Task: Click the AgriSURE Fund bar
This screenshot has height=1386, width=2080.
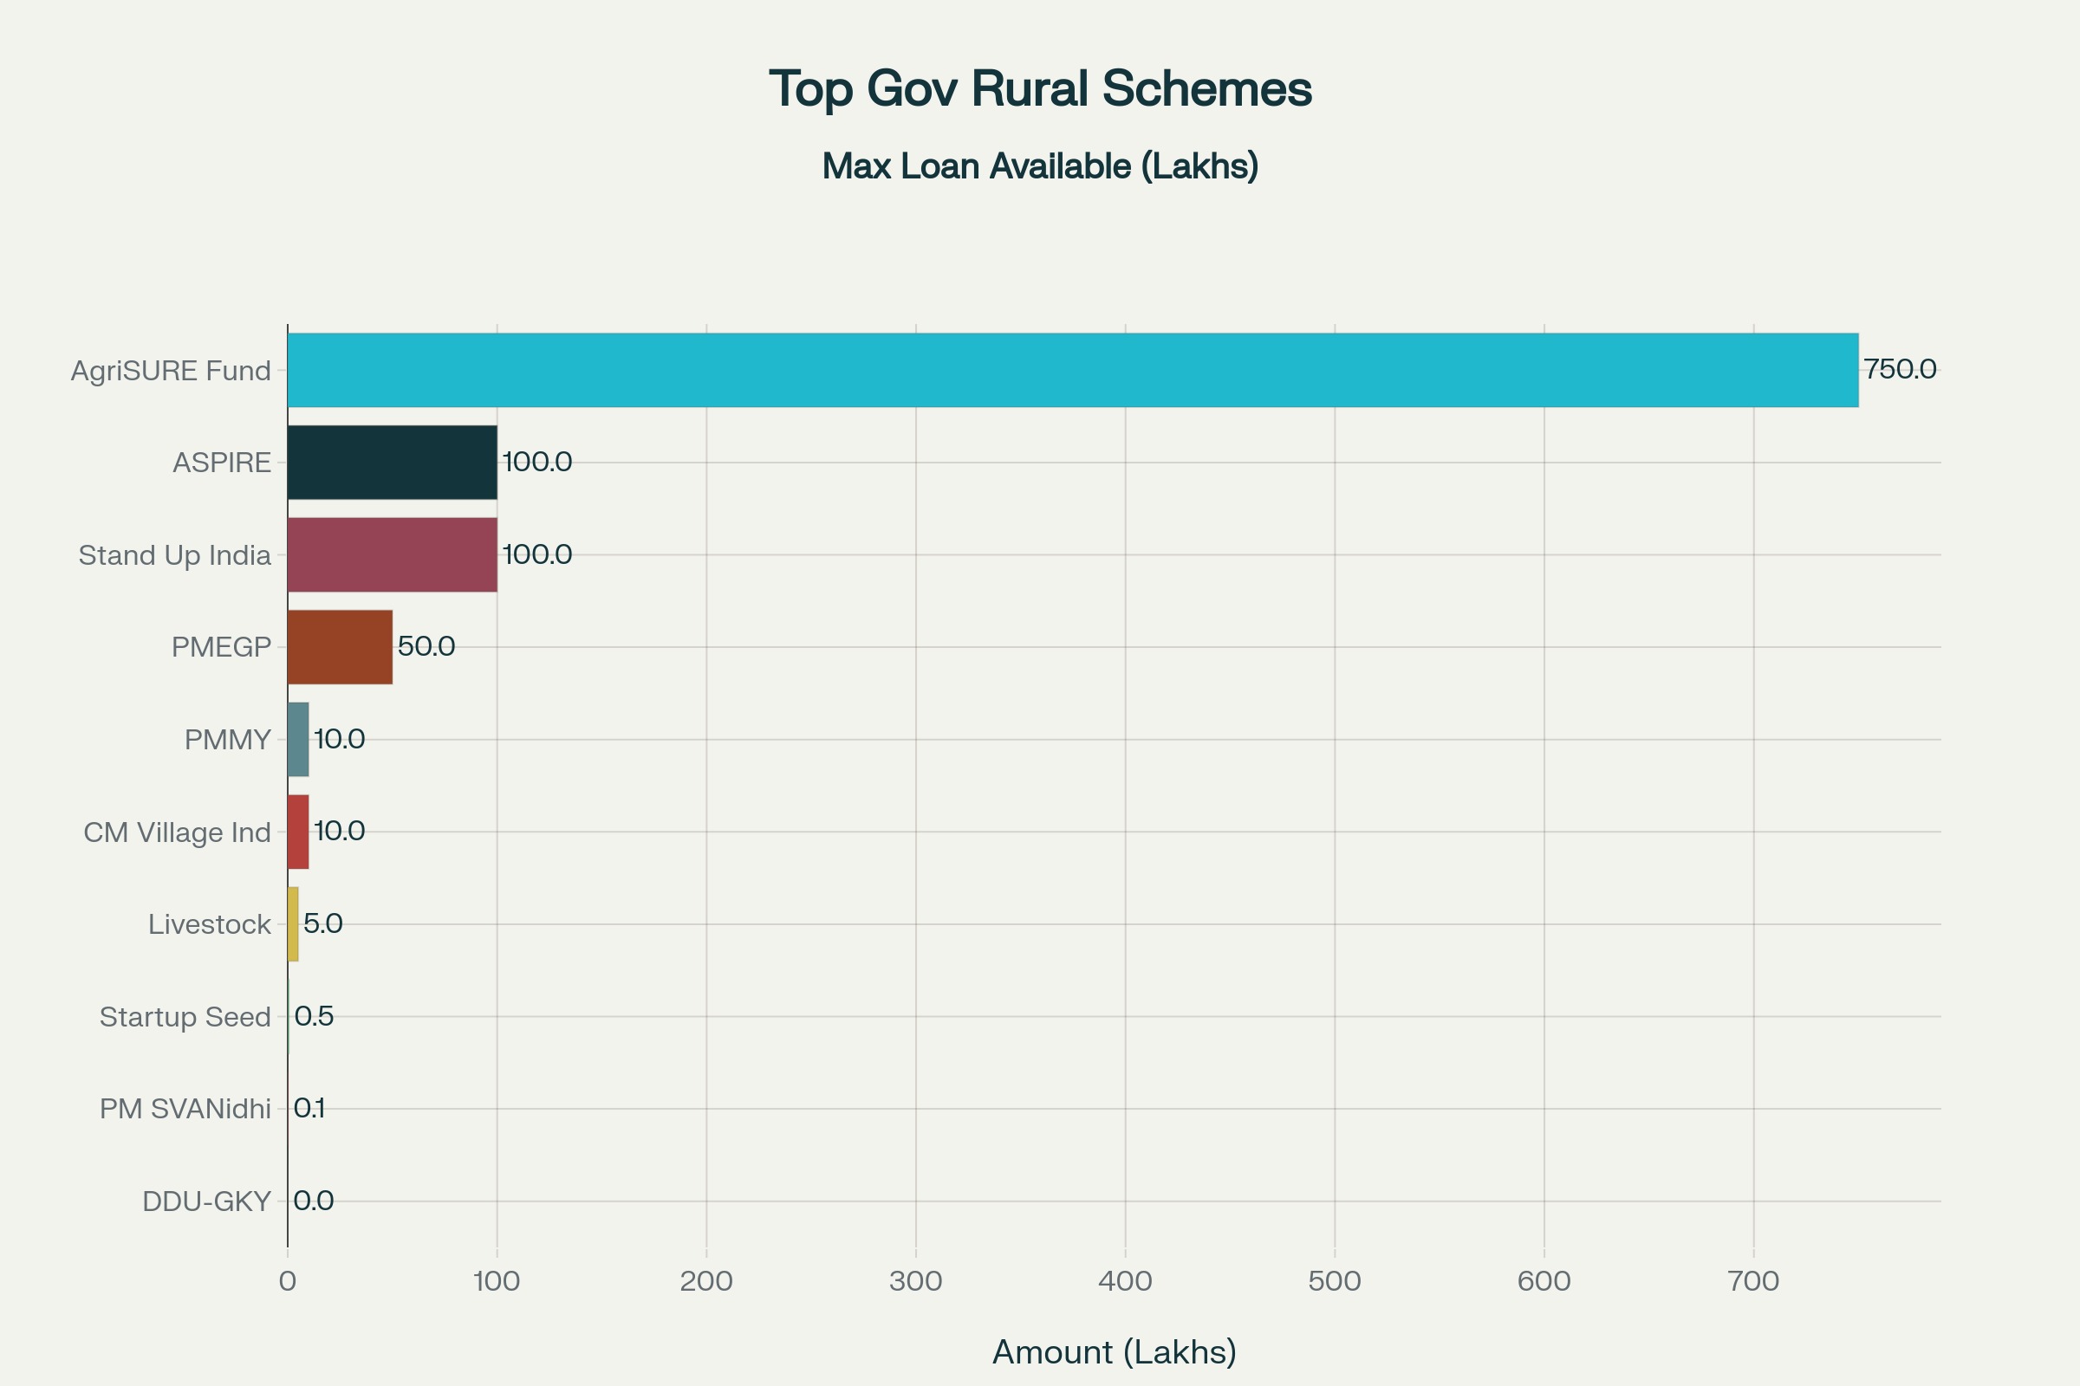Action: click(1072, 371)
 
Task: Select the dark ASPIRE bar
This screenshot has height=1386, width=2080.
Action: click(392, 463)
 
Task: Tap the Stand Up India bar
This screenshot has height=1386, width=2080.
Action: click(392, 555)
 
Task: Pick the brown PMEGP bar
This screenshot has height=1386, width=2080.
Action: click(340, 647)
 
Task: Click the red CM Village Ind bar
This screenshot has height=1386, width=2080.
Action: click(298, 832)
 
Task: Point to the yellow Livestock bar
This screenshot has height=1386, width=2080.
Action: click(293, 924)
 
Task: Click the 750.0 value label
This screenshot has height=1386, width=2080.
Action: click(1900, 370)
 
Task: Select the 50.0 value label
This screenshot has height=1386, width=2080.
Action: click(426, 646)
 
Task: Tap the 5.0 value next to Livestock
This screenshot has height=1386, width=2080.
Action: click(322, 923)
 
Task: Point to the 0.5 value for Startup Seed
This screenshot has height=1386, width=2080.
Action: click(314, 1016)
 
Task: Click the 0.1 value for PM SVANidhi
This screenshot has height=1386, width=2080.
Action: click(309, 1109)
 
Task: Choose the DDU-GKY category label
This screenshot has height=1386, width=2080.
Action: click(206, 1202)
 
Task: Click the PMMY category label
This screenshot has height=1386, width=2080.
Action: click(227, 740)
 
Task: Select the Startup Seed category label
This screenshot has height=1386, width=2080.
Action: click(185, 1017)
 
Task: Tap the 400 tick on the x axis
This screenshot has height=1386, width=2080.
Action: click(1125, 1282)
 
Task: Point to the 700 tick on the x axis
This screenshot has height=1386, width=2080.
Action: click(1752, 1282)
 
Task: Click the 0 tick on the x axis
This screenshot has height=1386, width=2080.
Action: click(288, 1282)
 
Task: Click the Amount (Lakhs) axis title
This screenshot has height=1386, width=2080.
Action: click(1115, 1352)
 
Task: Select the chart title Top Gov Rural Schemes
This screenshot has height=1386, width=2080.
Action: click(1040, 88)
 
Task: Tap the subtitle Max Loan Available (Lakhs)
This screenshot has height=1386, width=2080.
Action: click(1040, 166)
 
